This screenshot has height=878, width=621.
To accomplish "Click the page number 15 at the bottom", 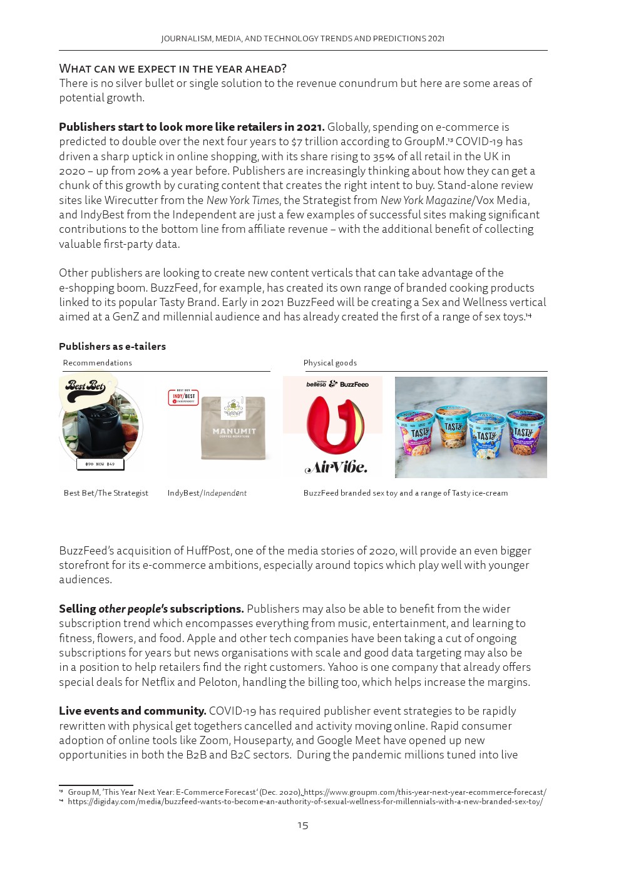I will coord(303,825).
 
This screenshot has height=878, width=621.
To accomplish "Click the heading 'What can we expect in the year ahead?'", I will coord(173,68).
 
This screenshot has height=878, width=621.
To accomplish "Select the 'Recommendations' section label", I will coord(97,363).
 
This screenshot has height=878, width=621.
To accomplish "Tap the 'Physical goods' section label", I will coord(330,363).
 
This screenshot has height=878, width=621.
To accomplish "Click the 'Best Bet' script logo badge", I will coord(86,387).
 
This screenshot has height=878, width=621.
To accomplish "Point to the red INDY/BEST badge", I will coord(183,397).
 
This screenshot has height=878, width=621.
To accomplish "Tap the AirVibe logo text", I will coord(336,467).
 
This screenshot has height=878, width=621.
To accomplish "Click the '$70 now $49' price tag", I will coord(100,464).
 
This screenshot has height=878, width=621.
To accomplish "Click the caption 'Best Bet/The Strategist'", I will coord(106,493).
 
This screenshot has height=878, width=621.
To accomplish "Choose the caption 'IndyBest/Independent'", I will coord(207,493).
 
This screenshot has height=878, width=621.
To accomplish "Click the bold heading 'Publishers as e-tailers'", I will coord(112,347).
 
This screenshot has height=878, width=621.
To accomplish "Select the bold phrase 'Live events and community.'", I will coord(132,711).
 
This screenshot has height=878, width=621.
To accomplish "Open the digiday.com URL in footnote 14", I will coord(305,802).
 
